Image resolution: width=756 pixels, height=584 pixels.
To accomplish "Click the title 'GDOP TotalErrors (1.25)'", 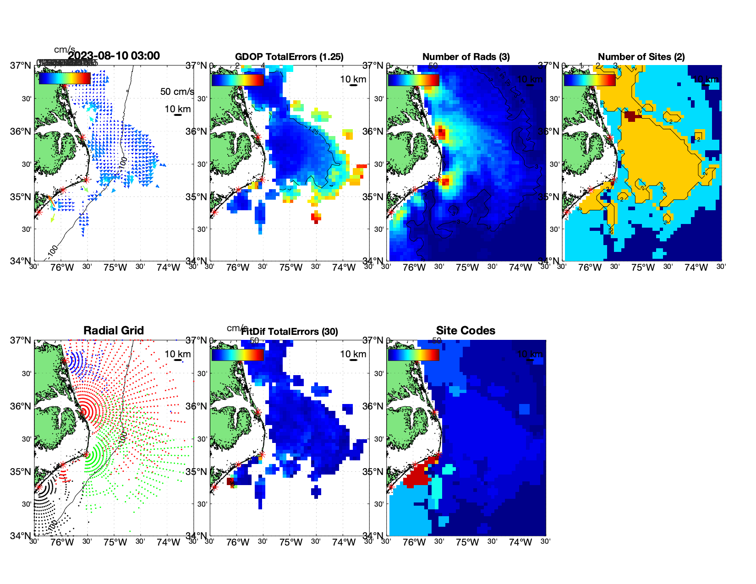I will (x=289, y=57).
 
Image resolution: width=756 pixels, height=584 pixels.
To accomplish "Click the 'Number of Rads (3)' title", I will (x=466, y=57).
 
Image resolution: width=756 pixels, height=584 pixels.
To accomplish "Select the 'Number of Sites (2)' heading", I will (x=641, y=57).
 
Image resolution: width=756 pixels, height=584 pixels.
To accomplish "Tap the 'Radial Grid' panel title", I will (x=114, y=331).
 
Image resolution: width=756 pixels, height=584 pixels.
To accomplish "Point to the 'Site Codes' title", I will (x=466, y=331).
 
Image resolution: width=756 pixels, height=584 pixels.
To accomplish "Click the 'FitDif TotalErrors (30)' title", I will (x=290, y=332).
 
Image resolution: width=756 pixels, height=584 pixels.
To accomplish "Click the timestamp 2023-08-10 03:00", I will (x=114, y=56).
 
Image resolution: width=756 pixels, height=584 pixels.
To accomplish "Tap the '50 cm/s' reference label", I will (x=177, y=92).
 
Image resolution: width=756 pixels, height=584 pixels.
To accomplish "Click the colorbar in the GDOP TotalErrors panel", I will (x=237, y=80).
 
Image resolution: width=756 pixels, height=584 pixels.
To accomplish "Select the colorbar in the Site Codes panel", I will (x=413, y=355).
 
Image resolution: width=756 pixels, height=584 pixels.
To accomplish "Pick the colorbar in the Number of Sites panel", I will (x=589, y=80).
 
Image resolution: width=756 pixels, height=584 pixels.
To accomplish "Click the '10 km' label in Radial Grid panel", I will (x=177, y=354).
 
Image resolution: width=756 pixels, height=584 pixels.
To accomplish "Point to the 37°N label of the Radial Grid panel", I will (x=21, y=340).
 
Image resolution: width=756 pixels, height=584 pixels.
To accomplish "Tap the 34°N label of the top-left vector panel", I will (x=21, y=261).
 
